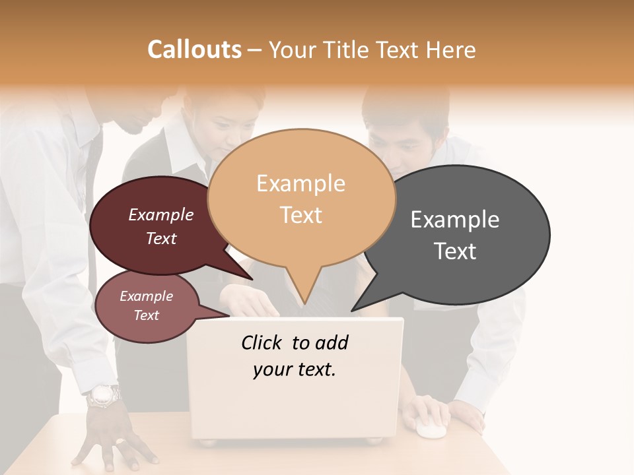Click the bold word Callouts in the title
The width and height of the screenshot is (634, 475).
(x=194, y=49)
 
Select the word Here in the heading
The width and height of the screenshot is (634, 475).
(x=451, y=50)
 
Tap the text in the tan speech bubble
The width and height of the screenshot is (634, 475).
(x=301, y=199)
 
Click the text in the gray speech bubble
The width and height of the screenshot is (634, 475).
(x=455, y=235)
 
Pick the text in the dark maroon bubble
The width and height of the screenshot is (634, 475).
(x=161, y=226)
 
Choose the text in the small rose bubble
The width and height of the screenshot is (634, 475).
(x=146, y=305)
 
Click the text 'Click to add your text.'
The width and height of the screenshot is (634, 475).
(x=295, y=356)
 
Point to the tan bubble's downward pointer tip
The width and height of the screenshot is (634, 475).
(x=304, y=303)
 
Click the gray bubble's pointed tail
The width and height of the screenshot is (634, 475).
(x=355, y=308)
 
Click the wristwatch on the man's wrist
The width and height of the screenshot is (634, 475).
(x=104, y=396)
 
